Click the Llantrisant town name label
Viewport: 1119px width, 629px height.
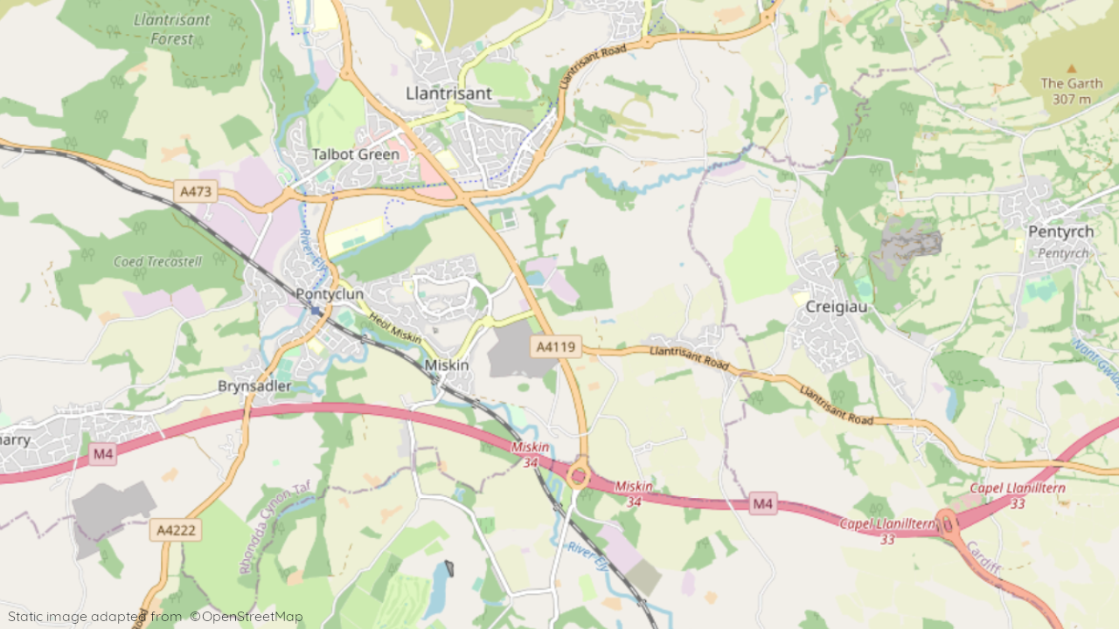(448, 93)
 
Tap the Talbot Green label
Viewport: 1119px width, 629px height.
(356, 155)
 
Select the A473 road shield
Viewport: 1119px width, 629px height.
(195, 191)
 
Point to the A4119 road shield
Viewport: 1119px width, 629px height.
(556, 347)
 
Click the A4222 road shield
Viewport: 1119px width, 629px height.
(176, 529)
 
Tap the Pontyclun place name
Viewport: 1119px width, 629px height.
(330, 294)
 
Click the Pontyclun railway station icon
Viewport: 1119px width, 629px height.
(316, 311)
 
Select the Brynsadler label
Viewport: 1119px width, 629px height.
(254, 386)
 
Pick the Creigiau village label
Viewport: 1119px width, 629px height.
(835, 307)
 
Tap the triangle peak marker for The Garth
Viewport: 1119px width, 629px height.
(1072, 68)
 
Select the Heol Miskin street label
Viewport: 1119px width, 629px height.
(394, 328)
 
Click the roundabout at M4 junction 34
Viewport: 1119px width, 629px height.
(578, 476)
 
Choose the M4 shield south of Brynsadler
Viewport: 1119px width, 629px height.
(103, 453)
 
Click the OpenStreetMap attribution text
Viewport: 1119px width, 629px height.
(247, 617)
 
